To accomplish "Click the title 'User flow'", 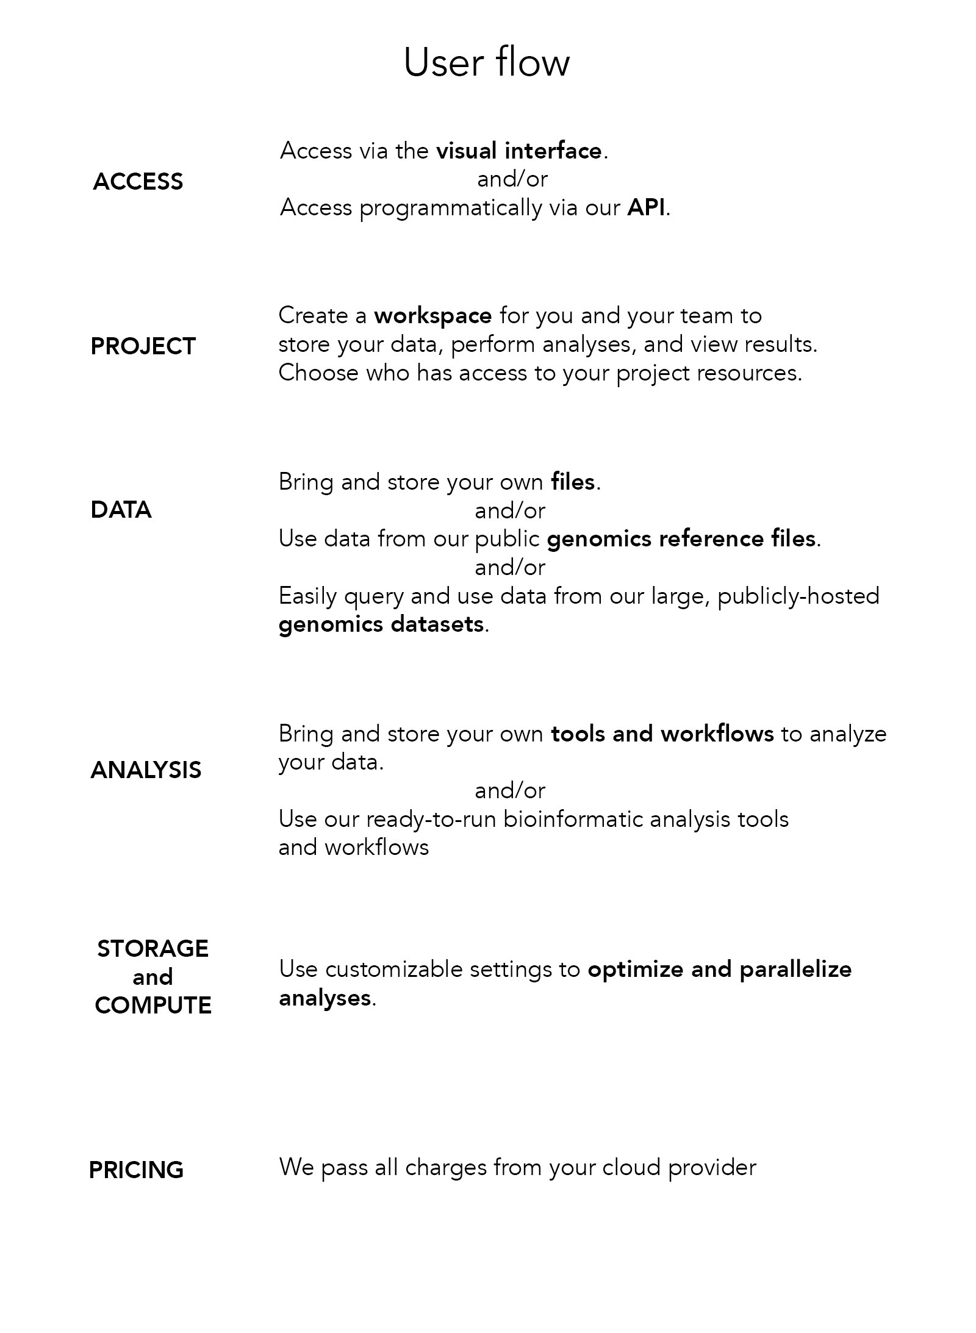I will [x=486, y=62].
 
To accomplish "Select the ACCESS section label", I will [x=138, y=182].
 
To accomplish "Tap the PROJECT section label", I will [x=143, y=346].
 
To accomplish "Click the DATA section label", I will [x=121, y=510].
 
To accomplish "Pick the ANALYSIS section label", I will [x=146, y=770].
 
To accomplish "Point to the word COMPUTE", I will [x=153, y=1005].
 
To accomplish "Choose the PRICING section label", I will [x=136, y=1170].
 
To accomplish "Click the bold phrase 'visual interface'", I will [x=519, y=151].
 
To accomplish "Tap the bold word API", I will [x=646, y=208].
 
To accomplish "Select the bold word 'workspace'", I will [x=432, y=316].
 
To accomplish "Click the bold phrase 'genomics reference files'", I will [x=681, y=539].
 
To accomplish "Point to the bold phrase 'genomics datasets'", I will [x=381, y=624].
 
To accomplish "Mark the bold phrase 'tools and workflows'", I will [x=662, y=734].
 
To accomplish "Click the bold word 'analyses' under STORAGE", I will [x=325, y=998].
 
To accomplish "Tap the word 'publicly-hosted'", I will [x=798, y=596].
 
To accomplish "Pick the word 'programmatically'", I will [x=450, y=209].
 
